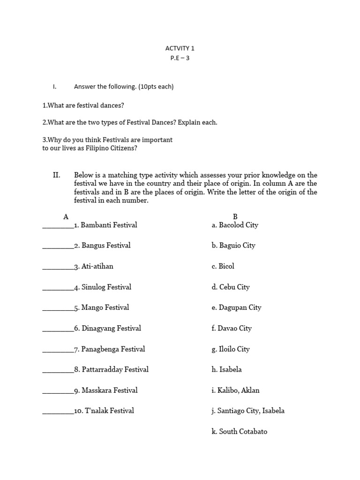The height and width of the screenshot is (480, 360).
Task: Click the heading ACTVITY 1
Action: [180, 48]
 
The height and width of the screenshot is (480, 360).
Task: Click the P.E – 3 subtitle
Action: [180, 59]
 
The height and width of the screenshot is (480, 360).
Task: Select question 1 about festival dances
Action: [83, 105]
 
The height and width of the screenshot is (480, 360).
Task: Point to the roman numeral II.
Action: [56, 175]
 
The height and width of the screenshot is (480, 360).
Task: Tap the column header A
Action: [66, 217]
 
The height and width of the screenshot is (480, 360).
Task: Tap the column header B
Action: [235, 217]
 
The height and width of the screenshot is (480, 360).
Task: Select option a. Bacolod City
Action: [235, 225]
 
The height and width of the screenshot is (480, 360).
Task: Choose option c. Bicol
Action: [223, 266]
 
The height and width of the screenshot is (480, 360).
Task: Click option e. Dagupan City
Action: [236, 307]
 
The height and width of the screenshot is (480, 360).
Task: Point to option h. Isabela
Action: [226, 369]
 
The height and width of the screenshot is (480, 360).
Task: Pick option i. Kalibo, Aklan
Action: [235, 390]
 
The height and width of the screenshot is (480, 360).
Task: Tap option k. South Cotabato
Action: [239, 431]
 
